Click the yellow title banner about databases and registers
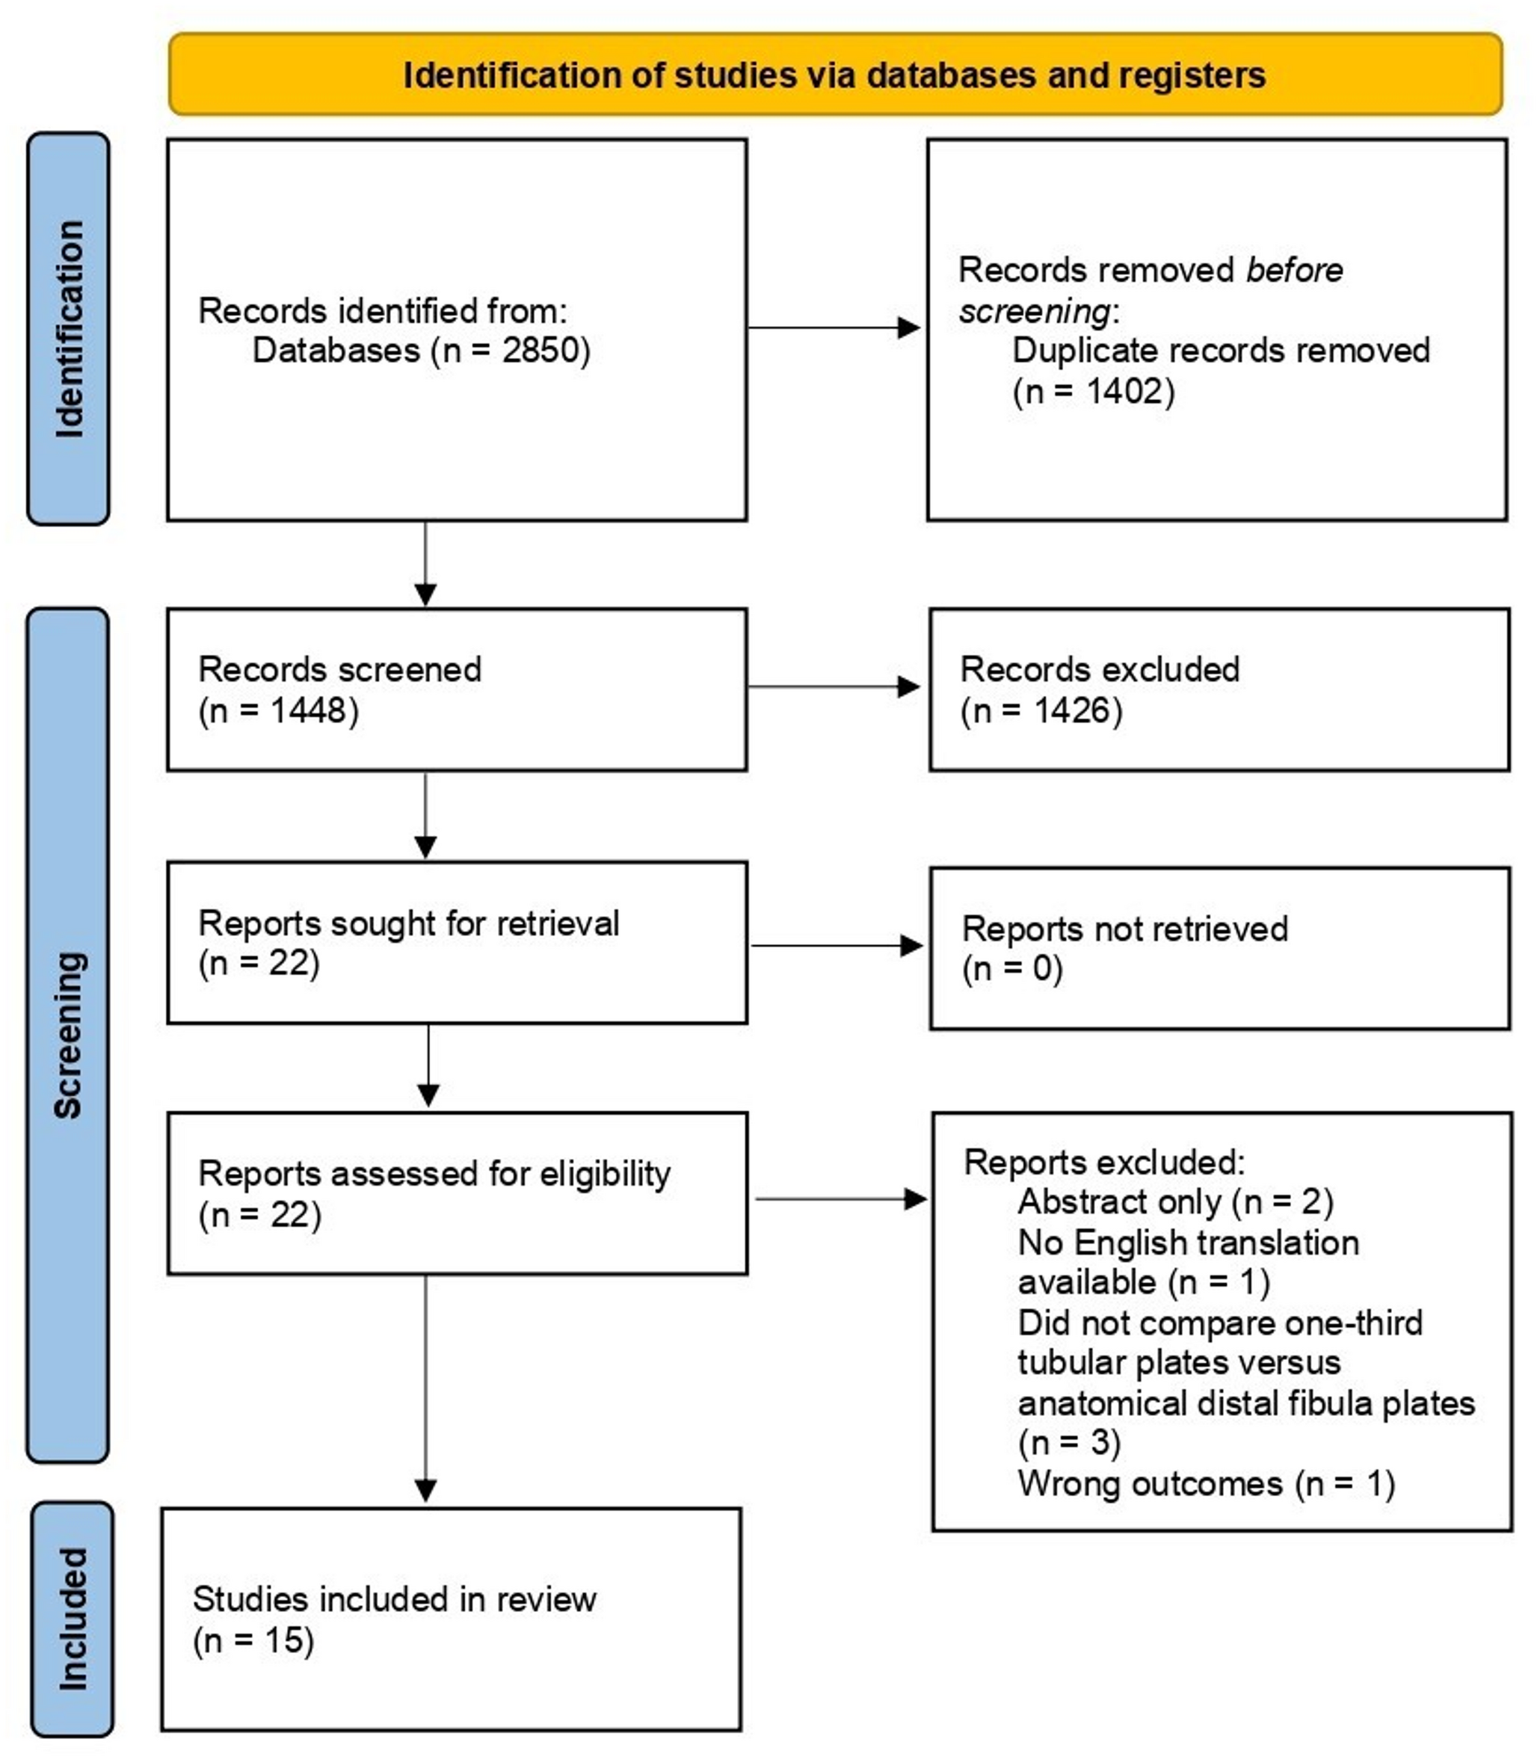(x=835, y=75)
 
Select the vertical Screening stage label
(x=69, y=1035)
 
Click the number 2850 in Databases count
(x=535, y=350)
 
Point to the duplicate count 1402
(x=1120, y=391)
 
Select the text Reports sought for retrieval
(x=408, y=923)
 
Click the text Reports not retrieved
(x=1124, y=929)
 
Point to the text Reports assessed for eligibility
(x=434, y=1174)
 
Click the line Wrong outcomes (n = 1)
(x=1206, y=1483)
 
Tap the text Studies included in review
(x=394, y=1599)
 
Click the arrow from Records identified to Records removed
(x=834, y=327)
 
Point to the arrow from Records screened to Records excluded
(x=834, y=686)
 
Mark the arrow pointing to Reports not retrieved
(x=837, y=946)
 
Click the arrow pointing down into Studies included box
(x=425, y=1388)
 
